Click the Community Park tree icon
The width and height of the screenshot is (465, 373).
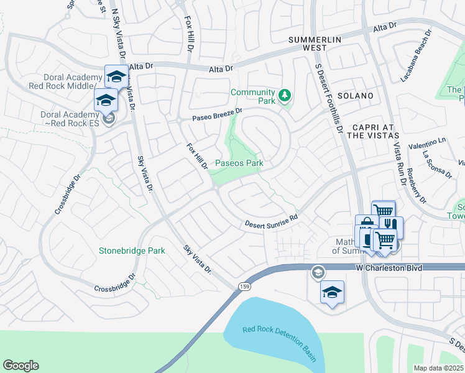pyautogui.click(x=285, y=95)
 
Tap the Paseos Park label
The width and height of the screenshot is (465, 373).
pyautogui.click(x=239, y=163)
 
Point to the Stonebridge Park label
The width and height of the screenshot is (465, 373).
pyautogui.click(x=132, y=251)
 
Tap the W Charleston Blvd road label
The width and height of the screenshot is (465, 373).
pyautogui.click(x=389, y=268)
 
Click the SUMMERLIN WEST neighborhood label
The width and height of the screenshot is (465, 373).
pyautogui.click(x=316, y=43)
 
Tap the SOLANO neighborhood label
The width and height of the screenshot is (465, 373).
pyautogui.click(x=356, y=96)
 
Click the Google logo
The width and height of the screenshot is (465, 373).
pyautogui.click(x=21, y=366)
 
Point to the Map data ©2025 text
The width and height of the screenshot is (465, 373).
pyautogui.click(x=438, y=368)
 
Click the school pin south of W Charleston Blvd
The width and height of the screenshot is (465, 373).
pyautogui.click(x=333, y=292)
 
